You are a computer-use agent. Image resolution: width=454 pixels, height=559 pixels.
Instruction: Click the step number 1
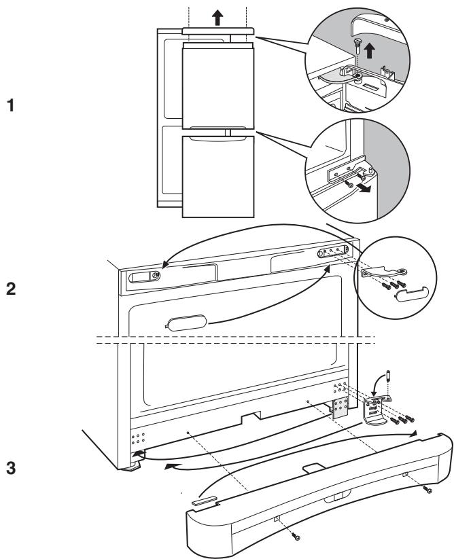(11, 106)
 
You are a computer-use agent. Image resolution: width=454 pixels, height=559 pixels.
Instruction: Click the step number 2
(11, 289)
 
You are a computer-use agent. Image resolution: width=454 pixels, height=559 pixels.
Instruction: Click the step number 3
(11, 468)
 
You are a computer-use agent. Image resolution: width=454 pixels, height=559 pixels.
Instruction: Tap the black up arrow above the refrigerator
(217, 18)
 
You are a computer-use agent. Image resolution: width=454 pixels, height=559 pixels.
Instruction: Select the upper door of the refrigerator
(218, 86)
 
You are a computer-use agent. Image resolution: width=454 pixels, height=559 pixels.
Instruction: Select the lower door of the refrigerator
(218, 177)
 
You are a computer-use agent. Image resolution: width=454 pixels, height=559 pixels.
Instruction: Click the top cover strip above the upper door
(218, 31)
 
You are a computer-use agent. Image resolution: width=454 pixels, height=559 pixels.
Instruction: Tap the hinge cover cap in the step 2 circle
(412, 293)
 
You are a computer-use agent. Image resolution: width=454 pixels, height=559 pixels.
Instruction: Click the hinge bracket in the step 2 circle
(385, 272)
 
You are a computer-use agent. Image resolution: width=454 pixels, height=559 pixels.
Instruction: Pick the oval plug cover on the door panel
(186, 323)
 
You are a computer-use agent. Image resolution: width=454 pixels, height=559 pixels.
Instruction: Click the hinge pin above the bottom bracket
(388, 377)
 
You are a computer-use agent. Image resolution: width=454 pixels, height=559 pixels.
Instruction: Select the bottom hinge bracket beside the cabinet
(375, 411)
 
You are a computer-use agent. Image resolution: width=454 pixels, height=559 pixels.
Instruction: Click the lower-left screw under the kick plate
(296, 537)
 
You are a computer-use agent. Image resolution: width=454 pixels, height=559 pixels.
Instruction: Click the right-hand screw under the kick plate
(428, 490)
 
